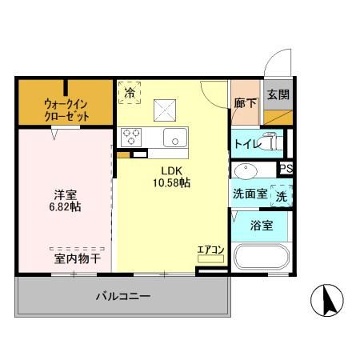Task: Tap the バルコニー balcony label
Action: coord(123,296)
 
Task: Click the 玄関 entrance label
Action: coord(278,94)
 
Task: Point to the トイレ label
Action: coord(246,144)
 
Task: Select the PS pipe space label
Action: coord(286,168)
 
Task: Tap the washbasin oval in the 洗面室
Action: coord(246,170)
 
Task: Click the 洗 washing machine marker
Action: coord(282,194)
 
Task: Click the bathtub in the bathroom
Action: coord(261,261)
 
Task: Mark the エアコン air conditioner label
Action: coord(210,250)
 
